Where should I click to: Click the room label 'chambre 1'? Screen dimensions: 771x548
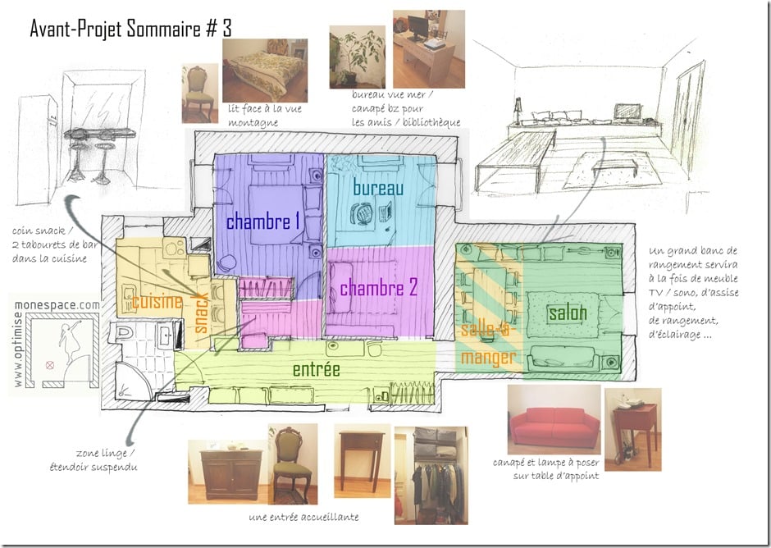pos(263,221)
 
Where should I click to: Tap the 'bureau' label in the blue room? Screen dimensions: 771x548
pos(378,187)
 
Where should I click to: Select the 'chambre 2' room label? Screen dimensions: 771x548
pos(379,288)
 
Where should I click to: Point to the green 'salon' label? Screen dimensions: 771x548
pos(568,313)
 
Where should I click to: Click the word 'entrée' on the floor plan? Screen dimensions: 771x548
pos(316,369)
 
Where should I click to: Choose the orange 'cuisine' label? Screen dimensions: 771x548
pos(157,301)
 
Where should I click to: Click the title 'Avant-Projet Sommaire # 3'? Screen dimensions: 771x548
pos(130,29)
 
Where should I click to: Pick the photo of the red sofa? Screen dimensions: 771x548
pos(554,419)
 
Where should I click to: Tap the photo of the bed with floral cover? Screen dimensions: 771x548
pos(265,71)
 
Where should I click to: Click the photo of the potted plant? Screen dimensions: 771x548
pos(358,57)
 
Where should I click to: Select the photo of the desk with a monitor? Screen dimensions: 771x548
pos(429,49)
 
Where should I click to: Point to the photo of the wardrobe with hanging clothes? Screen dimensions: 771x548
pos(431,475)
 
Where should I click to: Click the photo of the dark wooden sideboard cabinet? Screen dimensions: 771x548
pos(228,472)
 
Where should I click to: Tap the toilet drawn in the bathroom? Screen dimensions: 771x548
pos(121,333)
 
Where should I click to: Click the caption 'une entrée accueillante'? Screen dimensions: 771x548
pos(303,517)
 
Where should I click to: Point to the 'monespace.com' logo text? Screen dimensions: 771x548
pos(57,305)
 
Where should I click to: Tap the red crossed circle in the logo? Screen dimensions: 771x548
pos(50,365)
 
